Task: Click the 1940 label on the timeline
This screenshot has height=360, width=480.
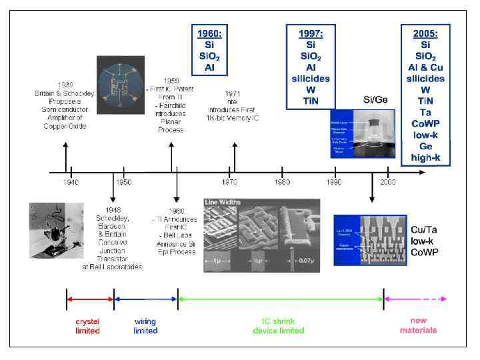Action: [71, 181]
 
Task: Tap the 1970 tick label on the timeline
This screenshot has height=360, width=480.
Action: [230, 181]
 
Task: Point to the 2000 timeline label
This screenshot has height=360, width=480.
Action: [387, 181]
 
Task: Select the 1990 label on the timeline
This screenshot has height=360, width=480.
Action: [335, 181]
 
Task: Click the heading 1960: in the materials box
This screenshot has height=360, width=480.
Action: [210, 33]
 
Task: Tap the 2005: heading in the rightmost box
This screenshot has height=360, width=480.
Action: [426, 33]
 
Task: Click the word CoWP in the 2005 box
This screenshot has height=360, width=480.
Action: [426, 123]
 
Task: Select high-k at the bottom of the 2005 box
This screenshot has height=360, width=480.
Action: [426, 157]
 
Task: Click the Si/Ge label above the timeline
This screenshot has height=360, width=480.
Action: [375, 100]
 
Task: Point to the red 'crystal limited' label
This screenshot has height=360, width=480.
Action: [87, 326]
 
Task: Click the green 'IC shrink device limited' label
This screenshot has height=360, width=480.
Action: [278, 326]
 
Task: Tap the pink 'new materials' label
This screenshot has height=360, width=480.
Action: [418, 326]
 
